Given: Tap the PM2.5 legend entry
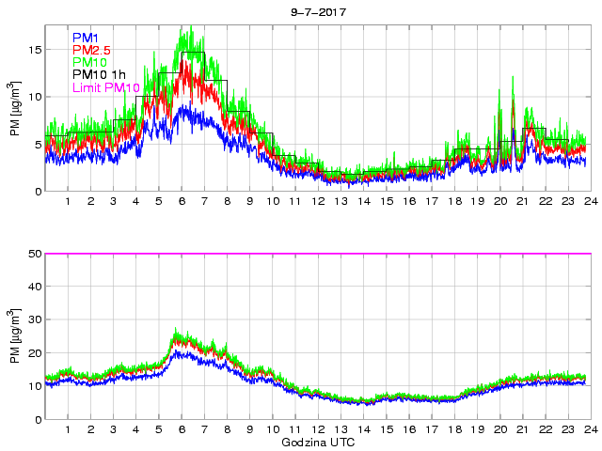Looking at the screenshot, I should (x=91, y=50).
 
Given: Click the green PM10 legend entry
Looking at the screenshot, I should (x=89, y=63).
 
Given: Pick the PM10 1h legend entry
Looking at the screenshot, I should (x=99, y=75).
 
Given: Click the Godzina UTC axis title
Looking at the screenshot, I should (x=317, y=441).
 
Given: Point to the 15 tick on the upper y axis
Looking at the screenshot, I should (x=35, y=50).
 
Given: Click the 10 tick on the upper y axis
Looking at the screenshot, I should (x=35, y=97).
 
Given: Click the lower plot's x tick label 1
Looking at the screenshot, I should (x=69, y=429).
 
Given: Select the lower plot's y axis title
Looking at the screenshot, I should (x=15, y=336).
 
